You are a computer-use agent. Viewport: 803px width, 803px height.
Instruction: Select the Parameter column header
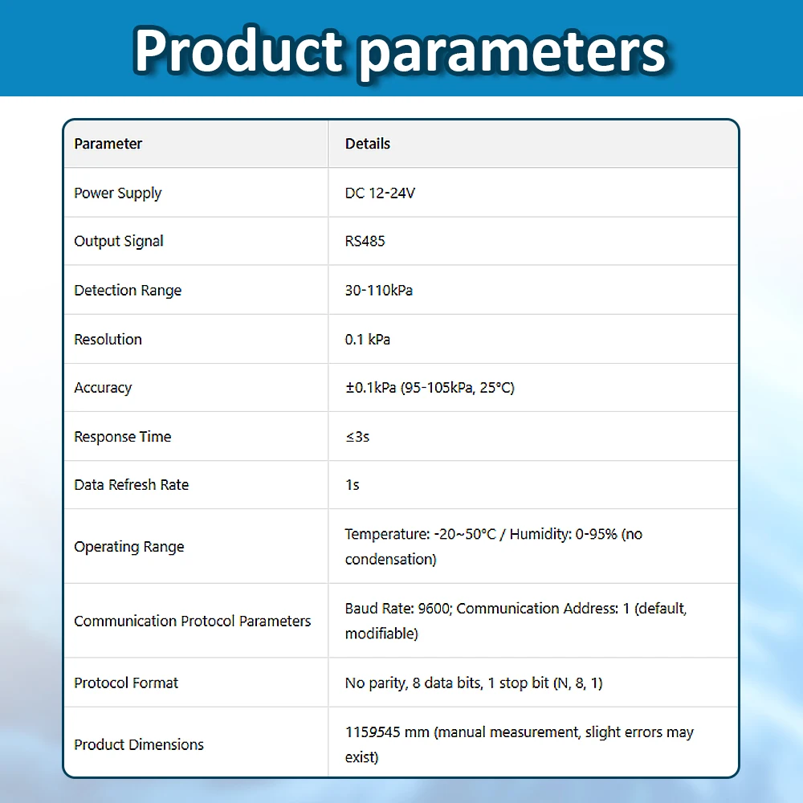point(108,144)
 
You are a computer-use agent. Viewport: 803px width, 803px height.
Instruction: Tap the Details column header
point(368,144)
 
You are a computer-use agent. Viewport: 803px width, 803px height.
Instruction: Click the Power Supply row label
point(118,193)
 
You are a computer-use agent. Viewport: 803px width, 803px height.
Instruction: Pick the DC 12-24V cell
point(380,193)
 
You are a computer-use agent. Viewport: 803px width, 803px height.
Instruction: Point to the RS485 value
point(365,241)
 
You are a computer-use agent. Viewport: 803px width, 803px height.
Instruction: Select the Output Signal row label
point(119,241)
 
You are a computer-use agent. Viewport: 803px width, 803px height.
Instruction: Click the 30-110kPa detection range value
point(379,290)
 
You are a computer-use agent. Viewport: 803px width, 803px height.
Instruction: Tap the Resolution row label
point(108,339)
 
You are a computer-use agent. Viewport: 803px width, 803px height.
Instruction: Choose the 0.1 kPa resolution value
point(368,339)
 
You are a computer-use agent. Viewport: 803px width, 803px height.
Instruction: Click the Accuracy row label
point(103,388)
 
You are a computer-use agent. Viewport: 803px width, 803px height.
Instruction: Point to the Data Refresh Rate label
point(132,485)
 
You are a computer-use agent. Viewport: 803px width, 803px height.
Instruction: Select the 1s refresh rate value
point(353,485)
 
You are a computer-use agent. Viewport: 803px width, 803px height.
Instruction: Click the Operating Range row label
point(129,547)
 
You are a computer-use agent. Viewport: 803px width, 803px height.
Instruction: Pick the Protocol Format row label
point(126,683)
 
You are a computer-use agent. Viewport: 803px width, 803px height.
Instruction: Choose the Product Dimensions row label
point(139,744)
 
